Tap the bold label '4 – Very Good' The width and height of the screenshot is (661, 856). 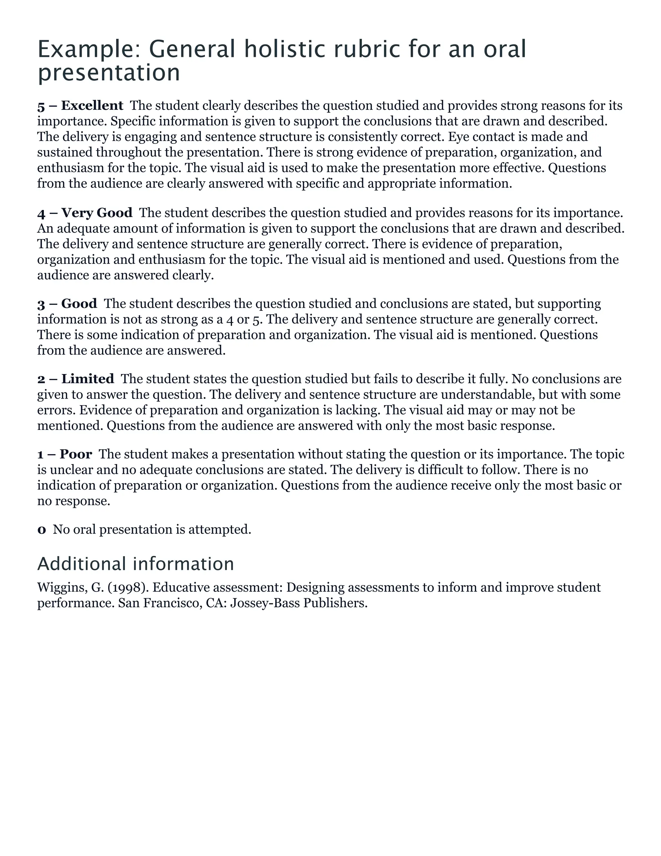pyautogui.click(x=85, y=213)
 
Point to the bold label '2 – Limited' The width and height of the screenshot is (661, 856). pyautogui.click(x=76, y=379)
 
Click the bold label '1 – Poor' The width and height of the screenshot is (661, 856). pyautogui.click(x=65, y=454)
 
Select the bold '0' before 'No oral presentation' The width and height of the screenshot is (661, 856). pyautogui.click(x=42, y=529)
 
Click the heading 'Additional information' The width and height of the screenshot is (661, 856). pyautogui.click(x=136, y=564)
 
